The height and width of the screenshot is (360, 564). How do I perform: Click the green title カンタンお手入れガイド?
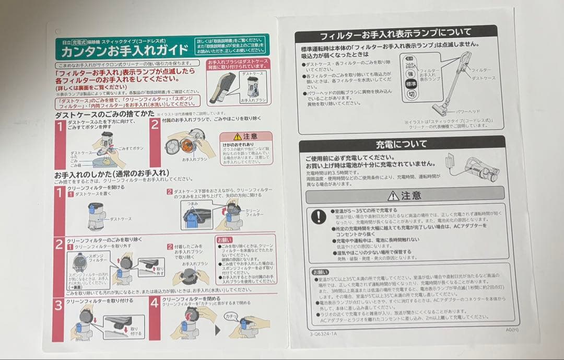pos(125,51)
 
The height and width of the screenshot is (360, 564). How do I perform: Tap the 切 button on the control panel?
pos(411,94)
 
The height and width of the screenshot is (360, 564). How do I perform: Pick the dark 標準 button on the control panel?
pos(411,84)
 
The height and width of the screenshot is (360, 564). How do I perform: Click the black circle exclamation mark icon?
pos(318,216)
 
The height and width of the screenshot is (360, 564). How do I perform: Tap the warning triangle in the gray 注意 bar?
pos(393,195)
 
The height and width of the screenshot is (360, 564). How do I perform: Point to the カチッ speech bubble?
pos(230,316)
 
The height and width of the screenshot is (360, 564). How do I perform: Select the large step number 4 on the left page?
pos(154,303)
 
